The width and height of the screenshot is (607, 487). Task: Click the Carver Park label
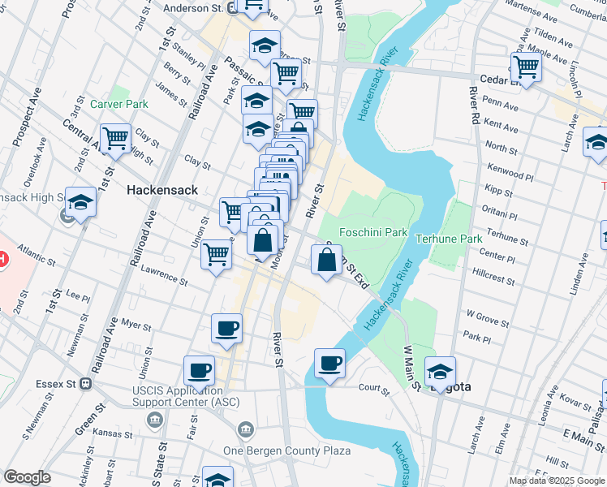point(119,104)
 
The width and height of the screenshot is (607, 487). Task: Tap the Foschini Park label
point(372,232)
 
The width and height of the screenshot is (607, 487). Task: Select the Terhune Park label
point(449,239)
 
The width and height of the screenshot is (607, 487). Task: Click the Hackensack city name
point(162,189)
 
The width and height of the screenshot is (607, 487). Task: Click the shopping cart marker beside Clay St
point(115,137)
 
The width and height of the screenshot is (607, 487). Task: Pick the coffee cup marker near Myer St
point(226,328)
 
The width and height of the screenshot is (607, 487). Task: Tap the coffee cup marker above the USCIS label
point(199,370)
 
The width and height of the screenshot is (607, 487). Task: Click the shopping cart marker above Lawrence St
point(216,254)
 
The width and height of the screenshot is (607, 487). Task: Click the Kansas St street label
point(113,433)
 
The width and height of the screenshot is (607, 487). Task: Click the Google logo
point(27,477)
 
